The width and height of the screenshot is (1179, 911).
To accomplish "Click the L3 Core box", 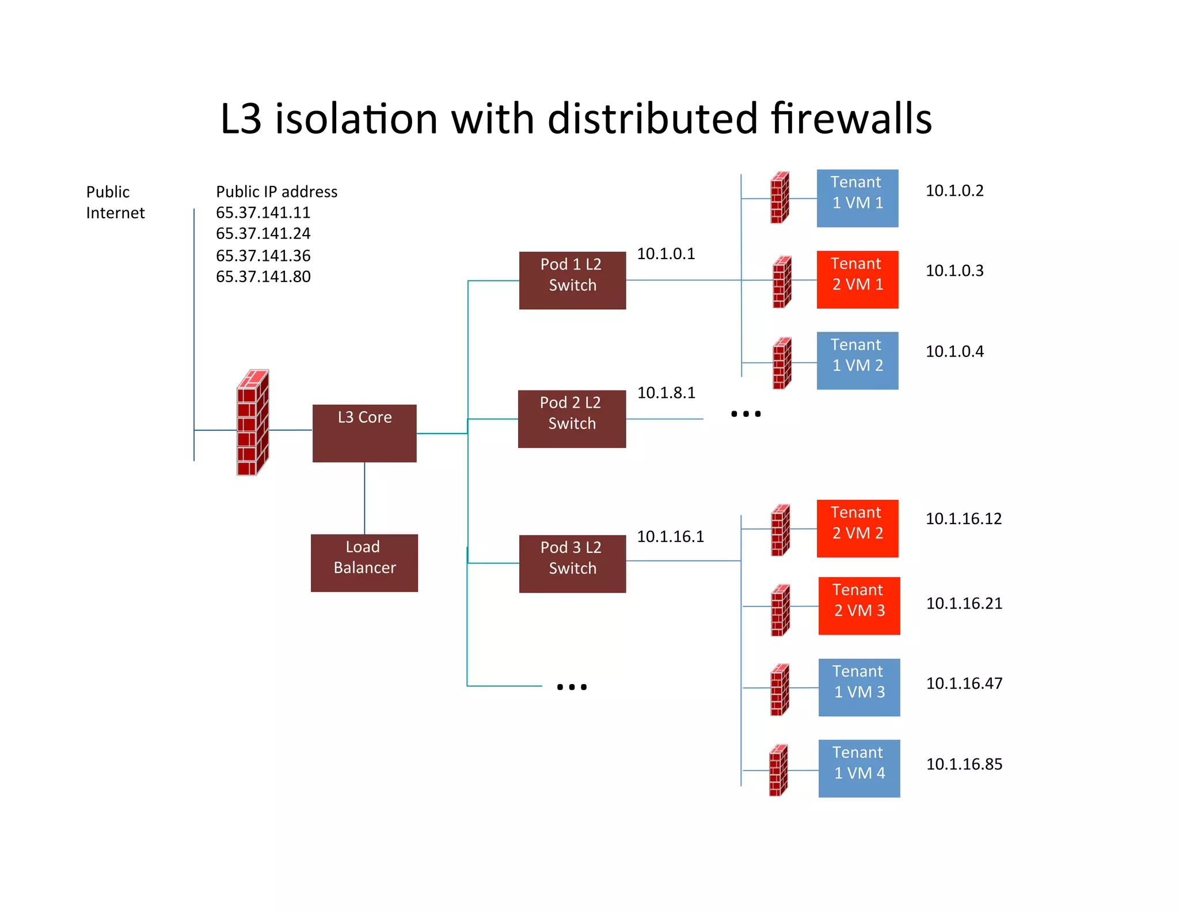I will coord(364,433).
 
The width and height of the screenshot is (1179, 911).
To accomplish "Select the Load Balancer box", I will coord(364,563).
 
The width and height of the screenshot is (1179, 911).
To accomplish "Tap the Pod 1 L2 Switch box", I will coord(572,280).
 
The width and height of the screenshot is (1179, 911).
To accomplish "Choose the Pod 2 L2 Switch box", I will coord(572,419).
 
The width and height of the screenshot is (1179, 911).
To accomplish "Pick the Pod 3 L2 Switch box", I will coord(572,563).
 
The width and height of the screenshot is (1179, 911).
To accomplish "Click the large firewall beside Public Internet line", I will coord(253,423).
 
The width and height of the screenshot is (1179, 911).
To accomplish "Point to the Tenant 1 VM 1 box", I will coord(857,198).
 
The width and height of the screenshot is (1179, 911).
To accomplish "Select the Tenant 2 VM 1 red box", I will coord(857,279).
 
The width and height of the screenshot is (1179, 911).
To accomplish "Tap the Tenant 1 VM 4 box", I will coord(859,768).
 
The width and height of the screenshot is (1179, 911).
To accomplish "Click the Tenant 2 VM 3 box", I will coord(859,606).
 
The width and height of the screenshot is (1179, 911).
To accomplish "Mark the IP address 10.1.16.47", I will coord(964,684).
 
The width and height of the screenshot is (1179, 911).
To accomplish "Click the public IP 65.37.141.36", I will coord(263,256).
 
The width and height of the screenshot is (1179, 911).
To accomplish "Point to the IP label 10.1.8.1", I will coord(666,393).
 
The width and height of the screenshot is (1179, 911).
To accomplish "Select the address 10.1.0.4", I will coord(954,351).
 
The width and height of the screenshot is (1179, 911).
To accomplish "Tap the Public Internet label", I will coord(115,202).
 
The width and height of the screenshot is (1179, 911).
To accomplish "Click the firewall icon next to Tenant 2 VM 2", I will coord(780,530).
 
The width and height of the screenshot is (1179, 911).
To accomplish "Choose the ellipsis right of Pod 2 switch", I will coord(746,413).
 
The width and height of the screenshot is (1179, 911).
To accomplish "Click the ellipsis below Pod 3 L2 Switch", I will coord(572,686).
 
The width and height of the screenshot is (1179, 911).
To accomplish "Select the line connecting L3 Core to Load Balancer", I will coord(364,498).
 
